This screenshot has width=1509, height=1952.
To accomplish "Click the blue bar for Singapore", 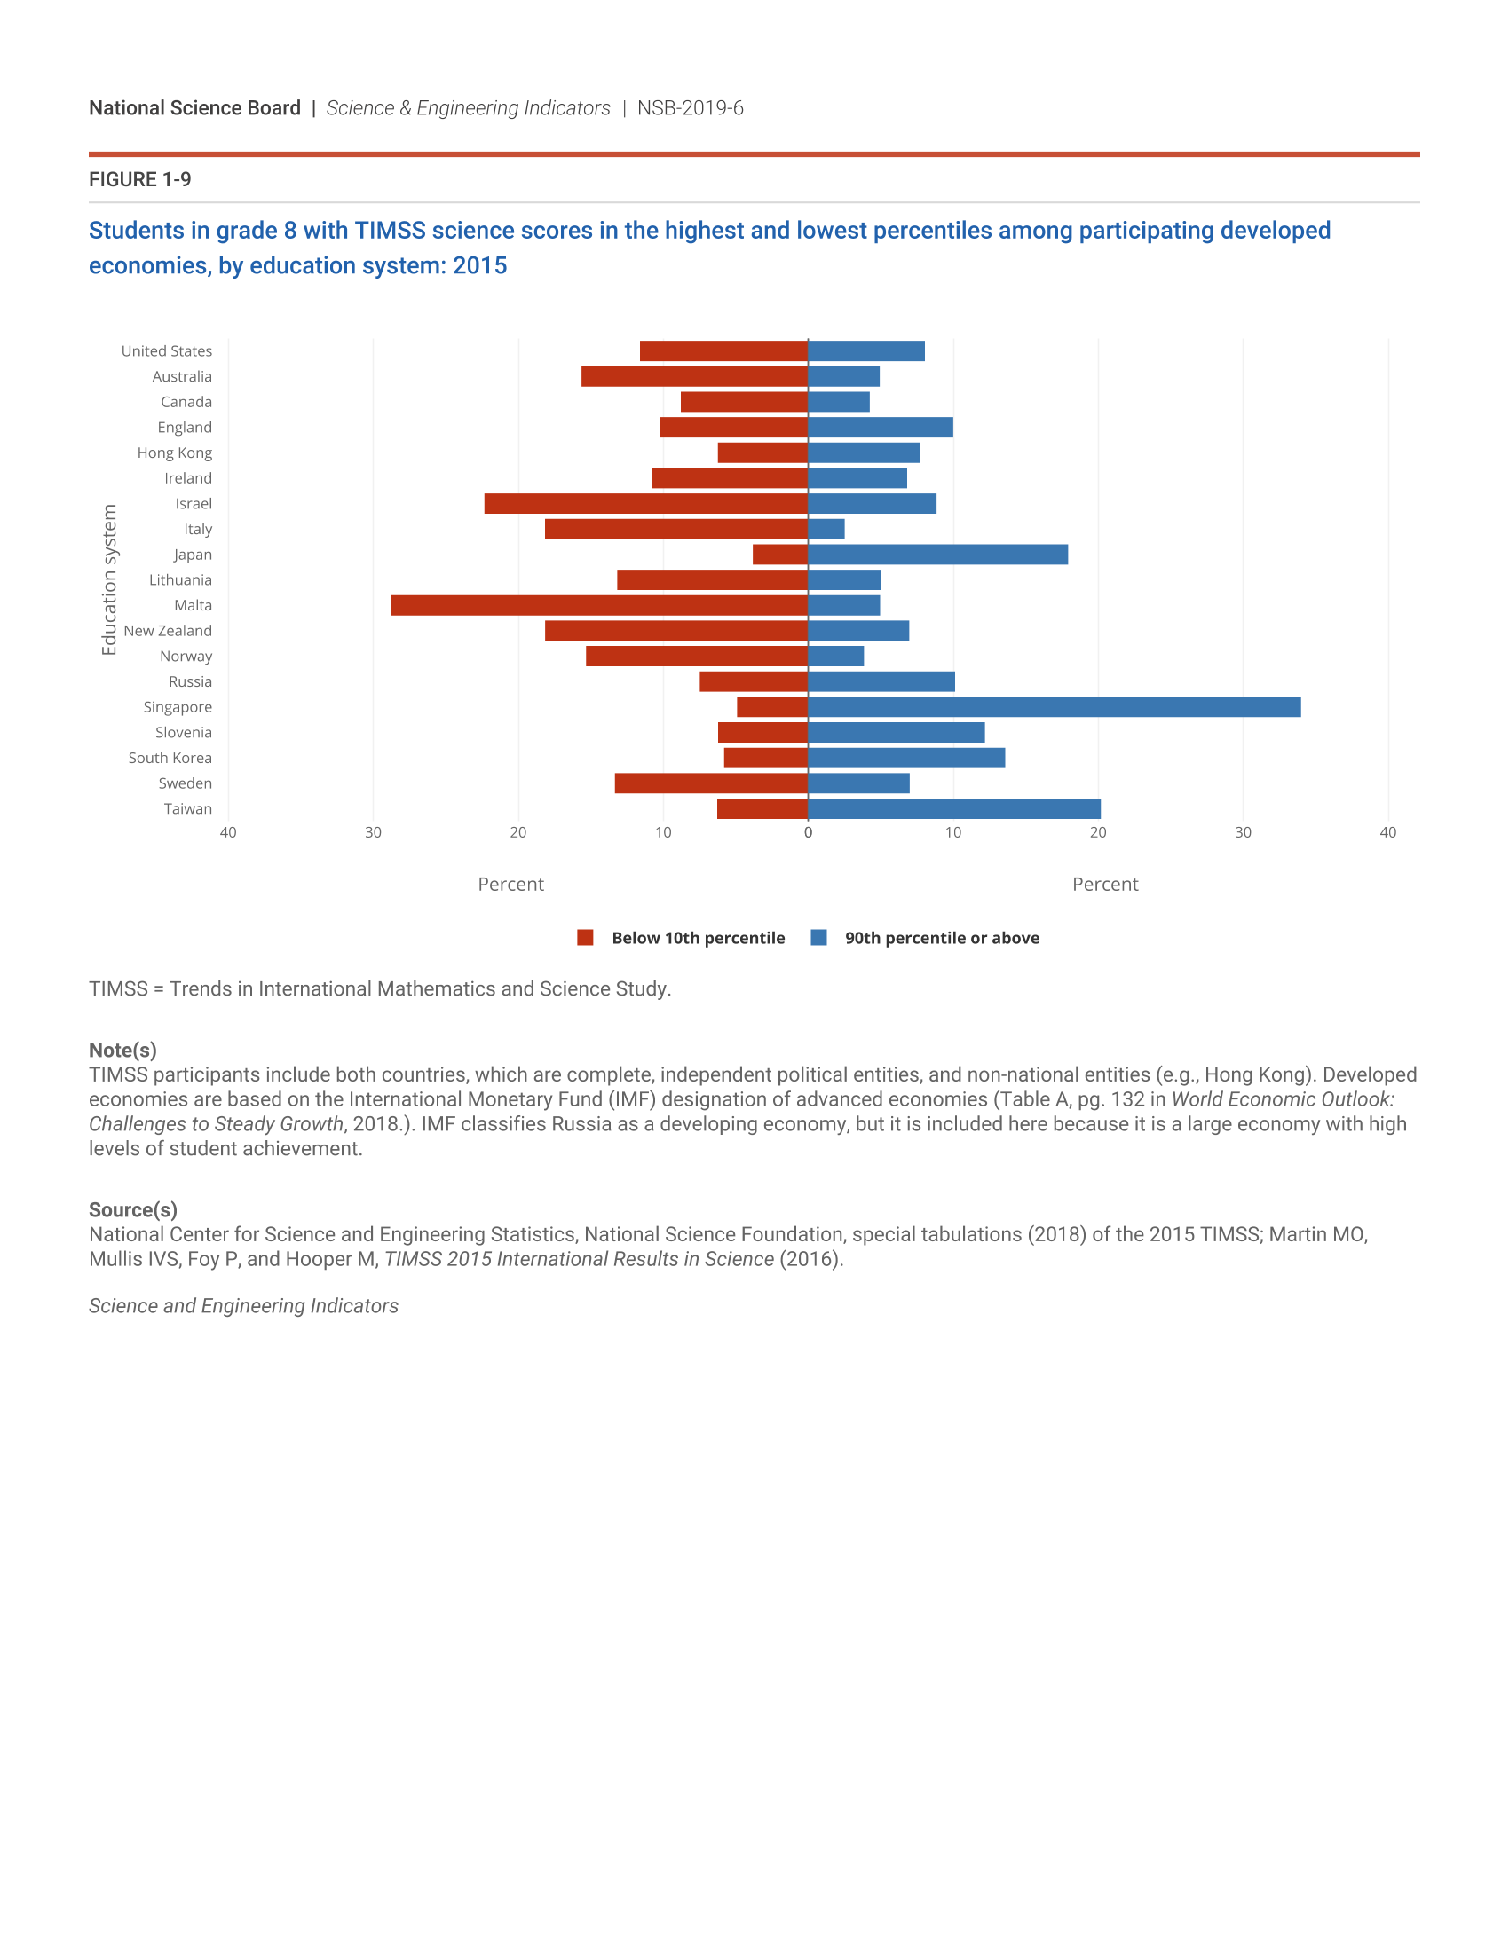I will coord(1054,707).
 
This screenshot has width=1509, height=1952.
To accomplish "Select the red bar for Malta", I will coord(599,605).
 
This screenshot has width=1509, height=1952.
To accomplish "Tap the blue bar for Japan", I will coord(937,555).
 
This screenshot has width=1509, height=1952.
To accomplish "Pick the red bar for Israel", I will coord(645,503).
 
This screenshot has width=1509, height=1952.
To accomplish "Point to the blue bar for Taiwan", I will coord(954,809).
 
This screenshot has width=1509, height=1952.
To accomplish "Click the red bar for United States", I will coord(723,351).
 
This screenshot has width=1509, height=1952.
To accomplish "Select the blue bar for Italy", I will coord(826,529).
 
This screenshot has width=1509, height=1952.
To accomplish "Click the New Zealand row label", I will coord(168,631).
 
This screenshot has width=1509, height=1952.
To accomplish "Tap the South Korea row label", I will coord(170,758).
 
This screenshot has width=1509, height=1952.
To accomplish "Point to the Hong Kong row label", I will coord(174,453).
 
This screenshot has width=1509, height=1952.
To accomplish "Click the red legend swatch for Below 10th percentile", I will coord(586,938).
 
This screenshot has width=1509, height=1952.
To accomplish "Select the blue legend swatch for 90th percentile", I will coord(818,938).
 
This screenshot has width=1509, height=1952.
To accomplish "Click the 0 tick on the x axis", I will coord(808,833).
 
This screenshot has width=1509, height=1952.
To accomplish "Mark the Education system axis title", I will coord(109,580).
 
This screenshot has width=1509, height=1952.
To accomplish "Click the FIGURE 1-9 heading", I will coord(139,179).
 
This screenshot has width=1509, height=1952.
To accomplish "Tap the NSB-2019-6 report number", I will coord(690,108).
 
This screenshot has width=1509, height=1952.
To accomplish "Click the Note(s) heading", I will coord(122,1051).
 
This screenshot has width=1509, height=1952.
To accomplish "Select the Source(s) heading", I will coord(132,1210).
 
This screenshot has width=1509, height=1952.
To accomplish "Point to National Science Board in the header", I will coord(195,108).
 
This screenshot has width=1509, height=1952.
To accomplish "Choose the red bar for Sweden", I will coord(711,783).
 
